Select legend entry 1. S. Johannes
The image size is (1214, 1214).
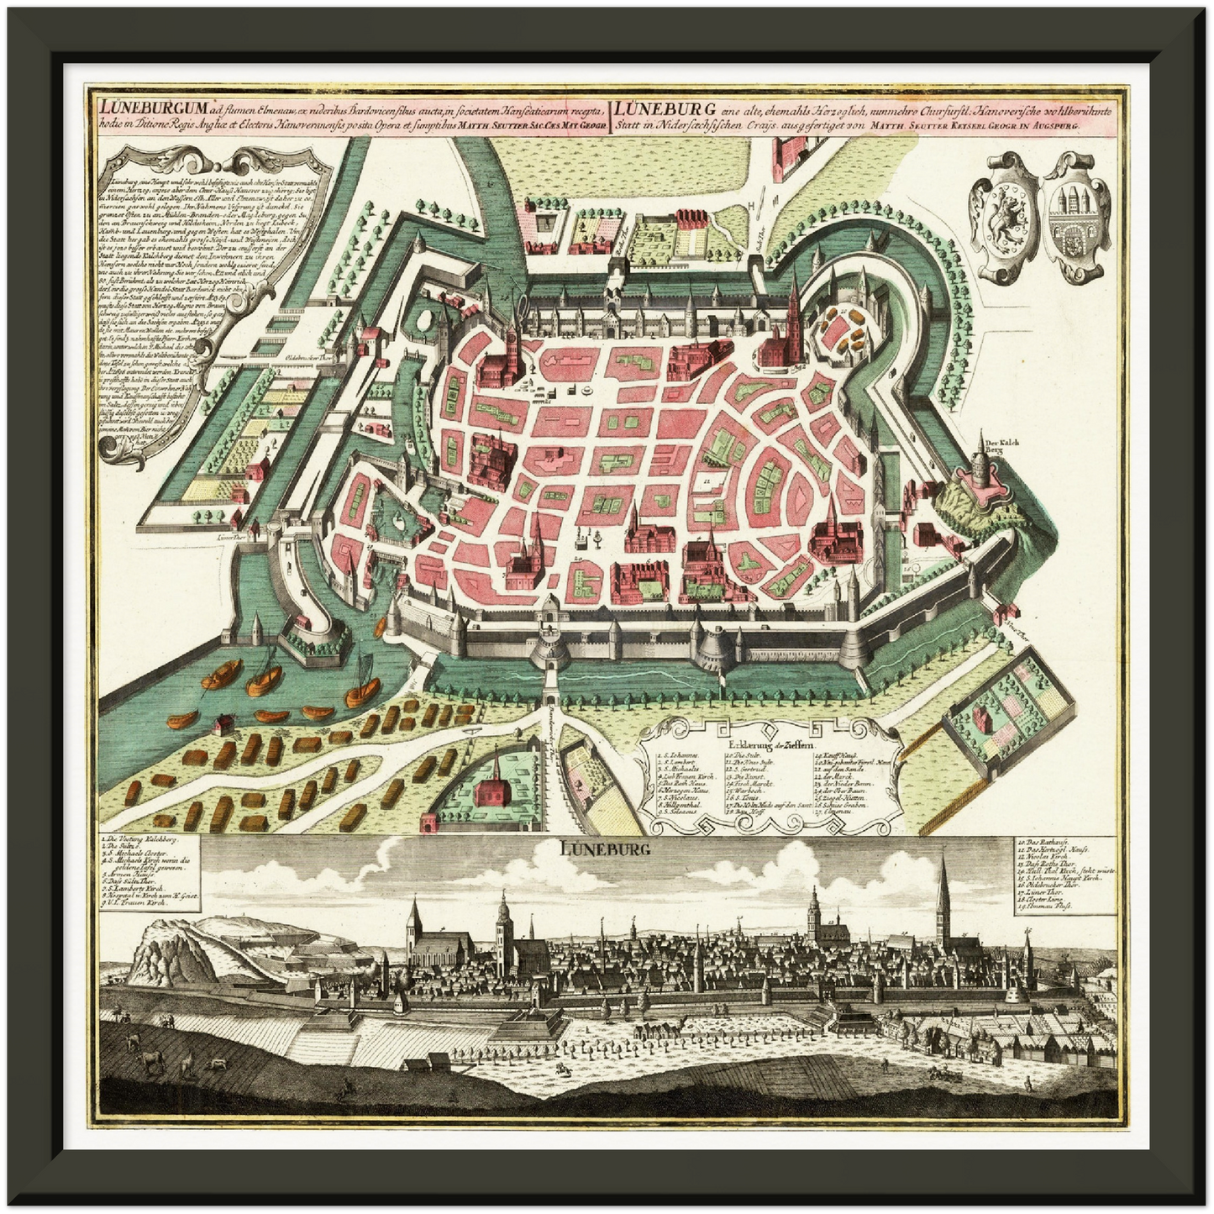pyautogui.click(x=677, y=756)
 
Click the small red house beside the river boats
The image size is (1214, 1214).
pyautogui.click(x=223, y=723)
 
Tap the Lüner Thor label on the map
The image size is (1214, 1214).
pyautogui.click(x=223, y=534)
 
